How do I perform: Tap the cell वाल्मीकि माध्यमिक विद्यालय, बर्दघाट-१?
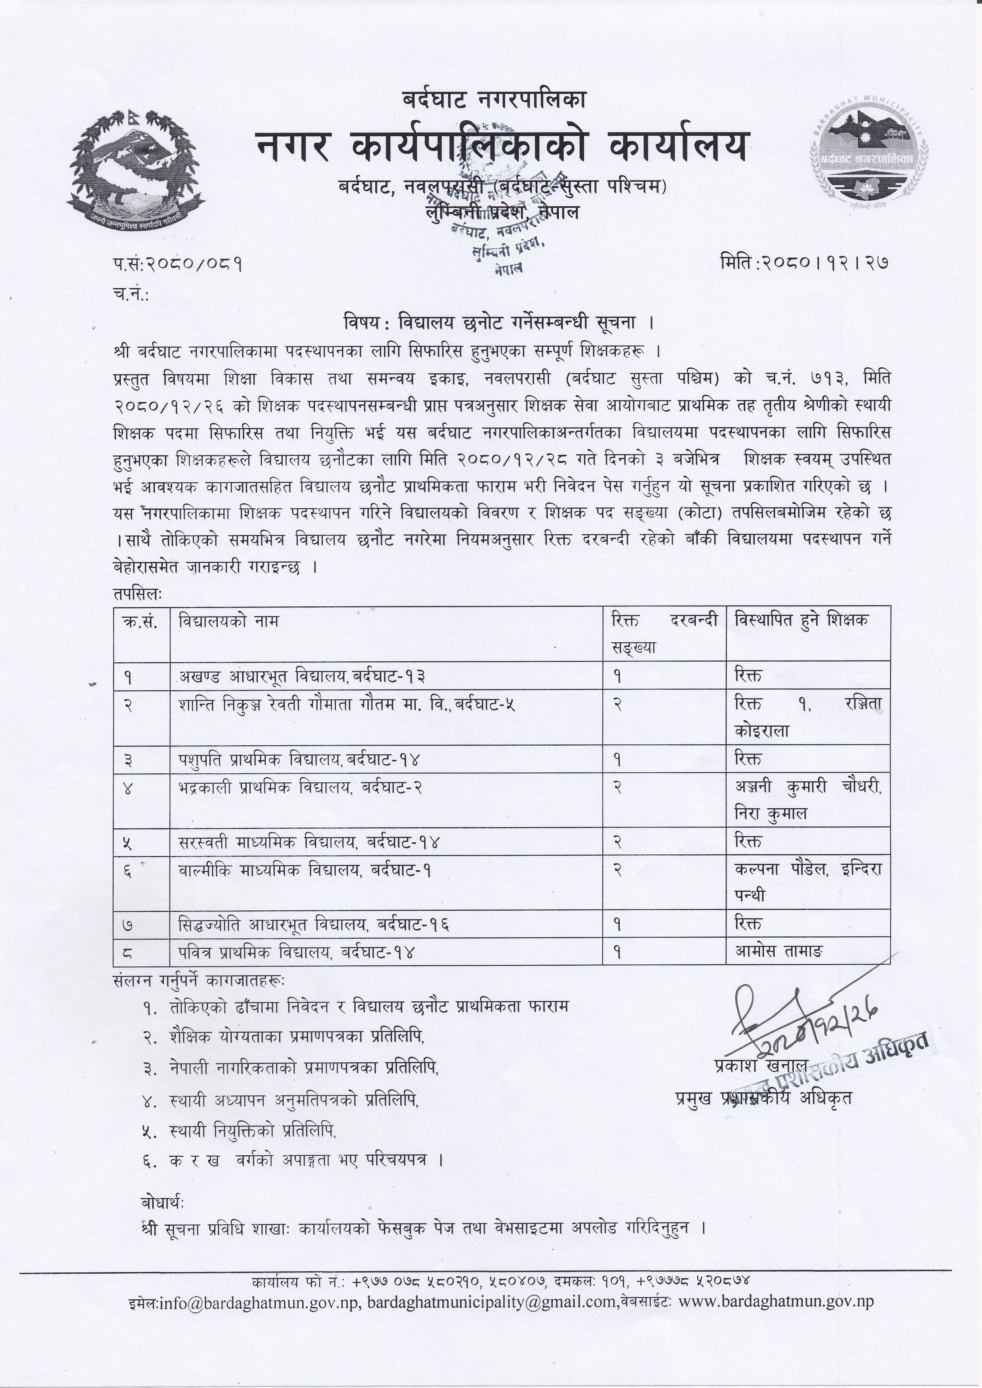coord(305,870)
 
